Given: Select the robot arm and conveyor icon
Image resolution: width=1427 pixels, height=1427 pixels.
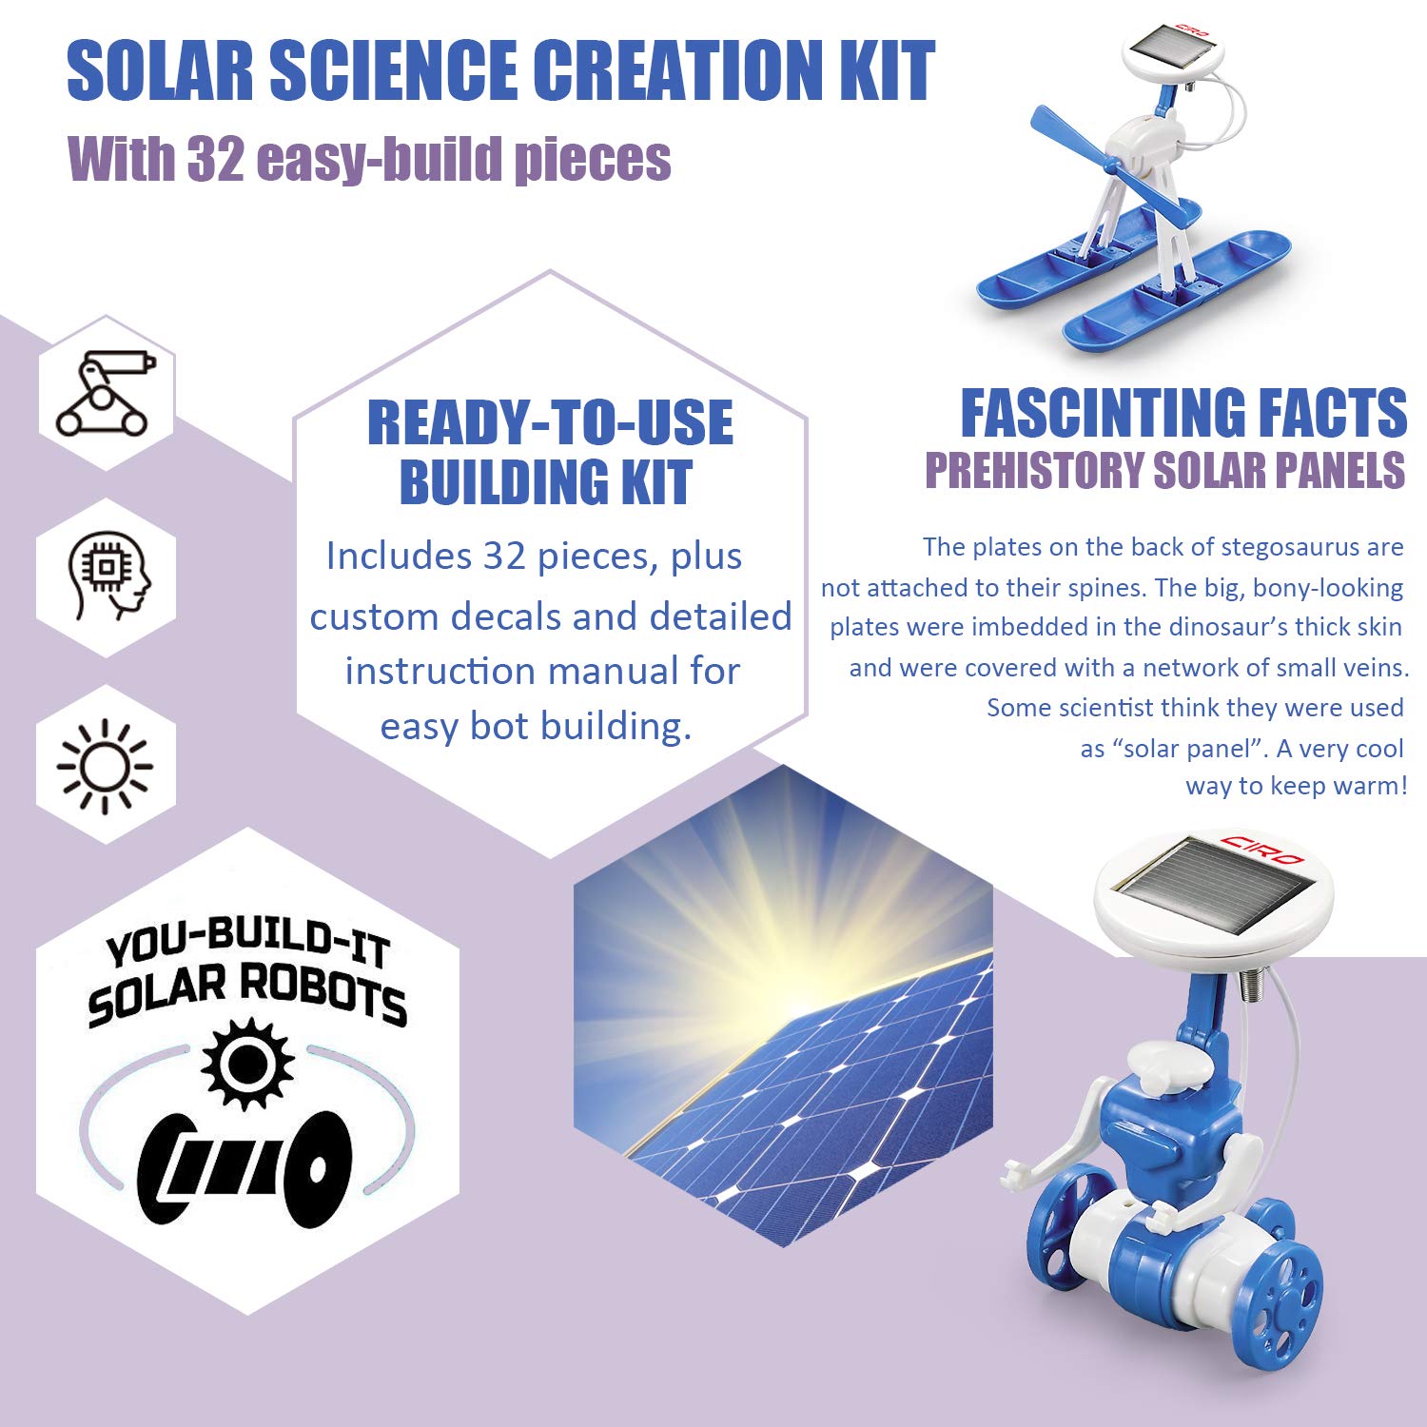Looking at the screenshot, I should point(106,392).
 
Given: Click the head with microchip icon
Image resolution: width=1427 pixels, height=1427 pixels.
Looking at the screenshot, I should point(108,576).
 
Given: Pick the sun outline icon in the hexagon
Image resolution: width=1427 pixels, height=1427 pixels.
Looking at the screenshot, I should point(105,765).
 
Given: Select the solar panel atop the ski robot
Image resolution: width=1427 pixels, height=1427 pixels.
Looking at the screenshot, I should point(1171,44).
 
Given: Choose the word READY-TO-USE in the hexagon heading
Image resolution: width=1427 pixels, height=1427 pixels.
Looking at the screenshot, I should point(550,424).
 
